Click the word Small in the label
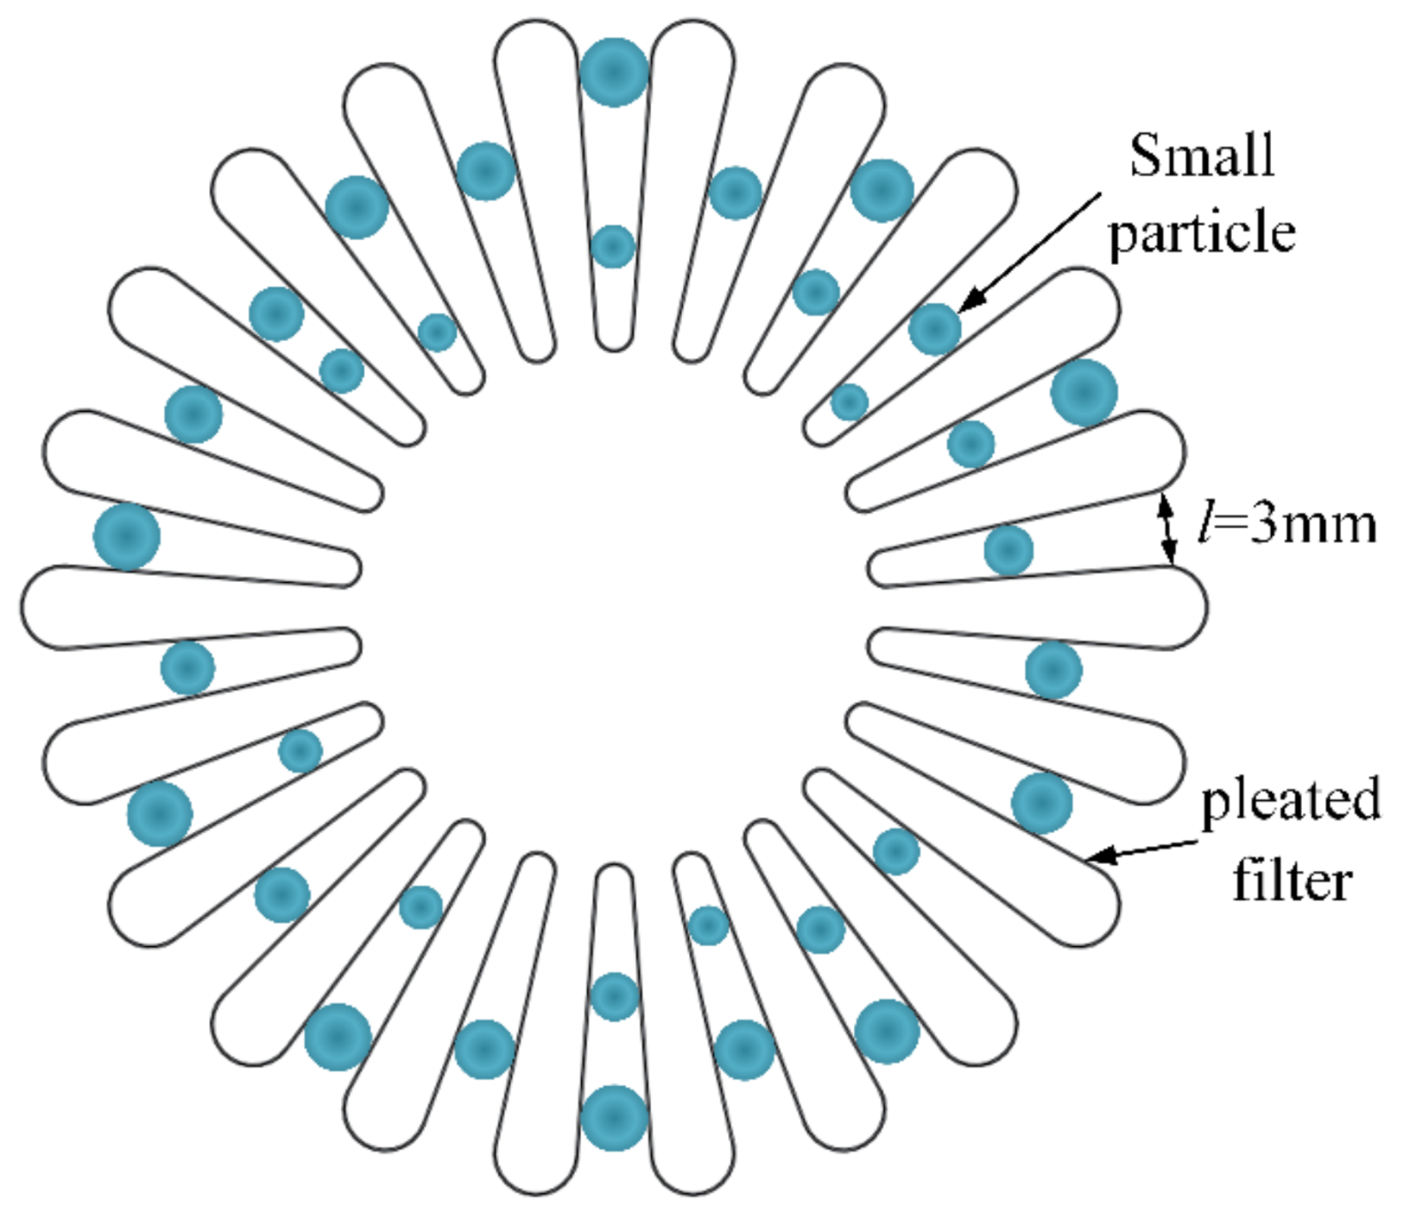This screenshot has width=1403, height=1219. coord(1202,155)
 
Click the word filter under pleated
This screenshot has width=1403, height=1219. coord(1292,881)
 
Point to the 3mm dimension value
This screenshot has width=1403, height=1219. coord(1312,524)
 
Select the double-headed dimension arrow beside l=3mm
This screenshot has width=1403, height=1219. coord(1167,527)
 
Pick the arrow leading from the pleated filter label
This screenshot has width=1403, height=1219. coord(1141,851)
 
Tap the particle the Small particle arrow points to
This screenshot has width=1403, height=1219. coord(934,329)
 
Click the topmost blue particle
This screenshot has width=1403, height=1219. coord(614,73)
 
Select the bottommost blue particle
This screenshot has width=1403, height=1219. coord(614,1118)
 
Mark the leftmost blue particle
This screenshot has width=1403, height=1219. coord(127,537)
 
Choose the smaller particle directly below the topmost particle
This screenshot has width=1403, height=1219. coord(613,247)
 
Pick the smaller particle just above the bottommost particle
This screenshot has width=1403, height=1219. coord(614,997)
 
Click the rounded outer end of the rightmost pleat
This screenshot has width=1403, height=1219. coord(1196,608)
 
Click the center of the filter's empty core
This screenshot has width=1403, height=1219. coord(614,608)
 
